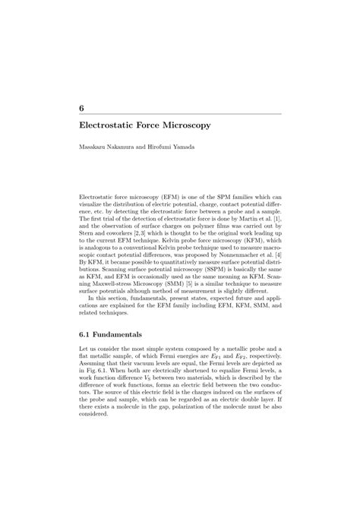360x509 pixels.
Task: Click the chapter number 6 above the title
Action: tap(81, 109)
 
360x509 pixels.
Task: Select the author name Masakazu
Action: tap(93, 147)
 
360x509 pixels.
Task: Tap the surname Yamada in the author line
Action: tap(182, 147)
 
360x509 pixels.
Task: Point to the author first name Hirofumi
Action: tap(152, 147)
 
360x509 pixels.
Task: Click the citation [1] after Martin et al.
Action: tap(277, 217)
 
